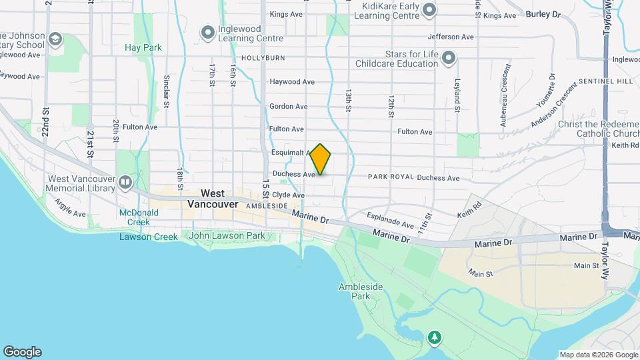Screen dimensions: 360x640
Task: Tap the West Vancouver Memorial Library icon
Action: [125, 181]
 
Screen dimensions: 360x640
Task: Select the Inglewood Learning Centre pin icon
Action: [209, 31]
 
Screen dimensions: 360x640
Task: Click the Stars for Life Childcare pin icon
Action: [449, 58]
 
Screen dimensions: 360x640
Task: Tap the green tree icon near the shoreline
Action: [435, 337]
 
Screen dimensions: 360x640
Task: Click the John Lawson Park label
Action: [227, 235]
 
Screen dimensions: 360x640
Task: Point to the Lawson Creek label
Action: [149, 237]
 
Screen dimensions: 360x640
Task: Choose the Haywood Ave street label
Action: [292, 82]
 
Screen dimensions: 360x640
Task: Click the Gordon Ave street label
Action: [288, 107]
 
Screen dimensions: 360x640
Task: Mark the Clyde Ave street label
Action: [288, 195]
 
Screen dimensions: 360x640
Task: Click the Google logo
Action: [22, 352]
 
